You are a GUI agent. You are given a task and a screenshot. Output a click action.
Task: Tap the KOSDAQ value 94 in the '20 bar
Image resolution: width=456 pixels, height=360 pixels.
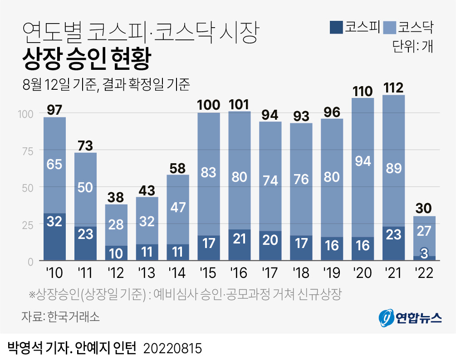pos(363,161)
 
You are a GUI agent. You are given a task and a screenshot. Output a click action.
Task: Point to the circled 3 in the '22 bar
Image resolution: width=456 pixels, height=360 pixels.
pos(424,253)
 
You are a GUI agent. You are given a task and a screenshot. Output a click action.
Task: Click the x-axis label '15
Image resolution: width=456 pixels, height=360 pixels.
pos(209,273)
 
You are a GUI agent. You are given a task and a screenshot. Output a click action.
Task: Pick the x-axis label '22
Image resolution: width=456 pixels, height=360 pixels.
pos(424,273)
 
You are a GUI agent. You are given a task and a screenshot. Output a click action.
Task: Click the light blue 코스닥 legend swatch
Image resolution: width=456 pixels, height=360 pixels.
pos(390,28)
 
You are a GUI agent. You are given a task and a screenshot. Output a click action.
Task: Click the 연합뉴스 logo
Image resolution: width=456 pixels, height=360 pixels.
pos(410,317)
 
